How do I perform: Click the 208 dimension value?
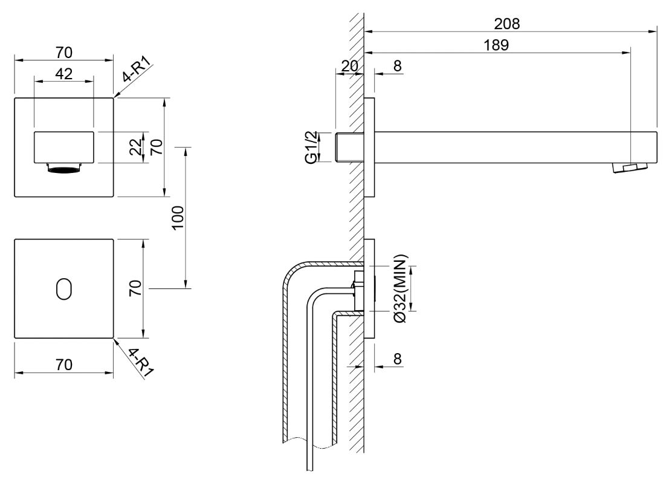tap(506, 24)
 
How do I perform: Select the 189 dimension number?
tap(496, 45)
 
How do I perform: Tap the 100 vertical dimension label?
tap(178, 218)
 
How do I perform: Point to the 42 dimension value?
tap(64, 74)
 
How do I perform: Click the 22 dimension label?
tap(136, 147)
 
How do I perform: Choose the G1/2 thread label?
tap(311, 147)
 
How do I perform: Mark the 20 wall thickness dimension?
tap(349, 66)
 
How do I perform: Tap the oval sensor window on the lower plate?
tap(64, 289)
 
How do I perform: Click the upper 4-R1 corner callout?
tap(137, 70)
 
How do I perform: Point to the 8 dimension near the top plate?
tap(397, 66)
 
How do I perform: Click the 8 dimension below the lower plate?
tap(397, 359)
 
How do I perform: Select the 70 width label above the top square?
tap(64, 53)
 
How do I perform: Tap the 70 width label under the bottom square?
tap(64, 365)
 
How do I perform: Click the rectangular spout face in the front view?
tap(64, 147)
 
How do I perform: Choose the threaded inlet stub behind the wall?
tap(350, 147)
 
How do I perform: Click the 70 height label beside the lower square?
tap(135, 288)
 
